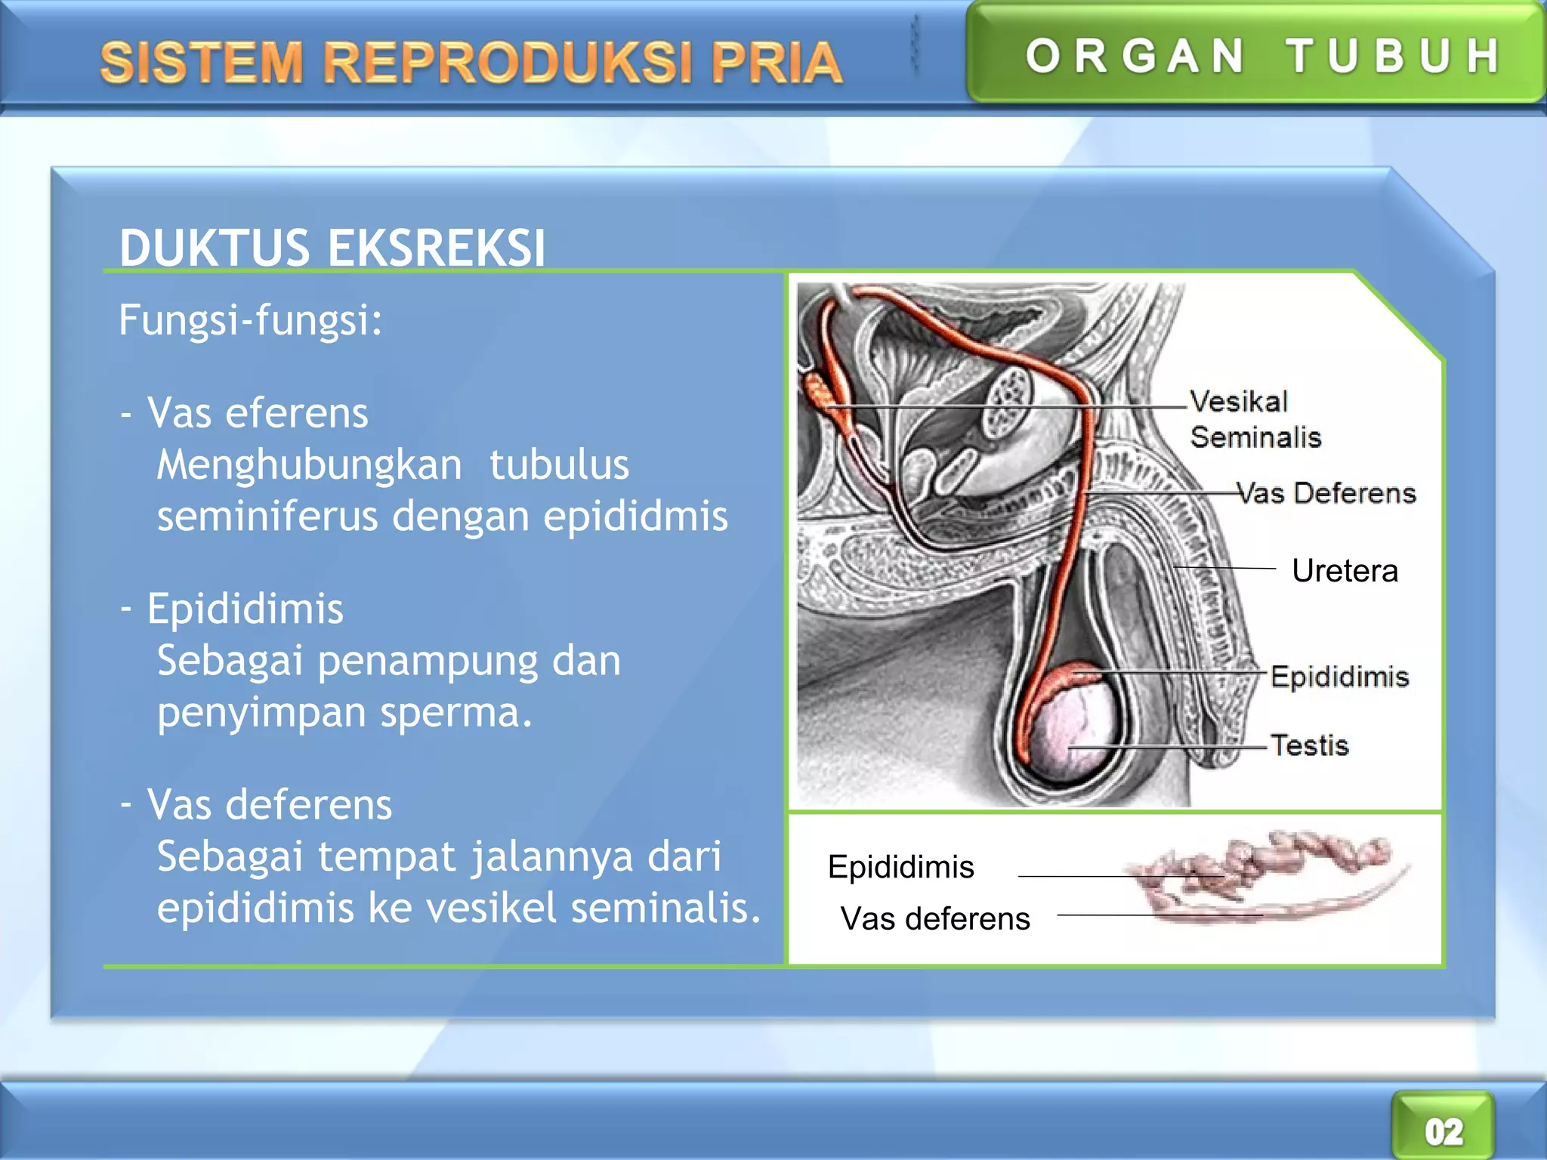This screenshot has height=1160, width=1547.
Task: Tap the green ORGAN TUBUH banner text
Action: [1261, 56]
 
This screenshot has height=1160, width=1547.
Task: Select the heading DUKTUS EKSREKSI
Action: [332, 247]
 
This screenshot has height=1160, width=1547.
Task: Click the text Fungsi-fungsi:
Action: [251, 319]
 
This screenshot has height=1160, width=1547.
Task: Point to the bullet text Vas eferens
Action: [257, 413]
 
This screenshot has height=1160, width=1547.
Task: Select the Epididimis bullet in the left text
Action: [245, 609]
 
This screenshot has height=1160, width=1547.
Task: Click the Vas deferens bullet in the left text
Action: [269, 804]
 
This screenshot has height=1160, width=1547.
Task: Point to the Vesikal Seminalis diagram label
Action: [1254, 419]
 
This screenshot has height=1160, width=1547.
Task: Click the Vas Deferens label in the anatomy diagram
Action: [1326, 493]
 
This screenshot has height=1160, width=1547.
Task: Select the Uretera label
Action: [1345, 571]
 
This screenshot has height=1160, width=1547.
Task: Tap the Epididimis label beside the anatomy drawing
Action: [1339, 677]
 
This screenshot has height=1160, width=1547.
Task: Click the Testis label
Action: [1309, 745]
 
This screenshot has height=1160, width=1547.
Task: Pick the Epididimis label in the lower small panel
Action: [900, 867]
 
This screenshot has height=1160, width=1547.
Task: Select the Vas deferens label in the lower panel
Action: [935, 919]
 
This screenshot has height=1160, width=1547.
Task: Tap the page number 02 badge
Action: [1444, 1131]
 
